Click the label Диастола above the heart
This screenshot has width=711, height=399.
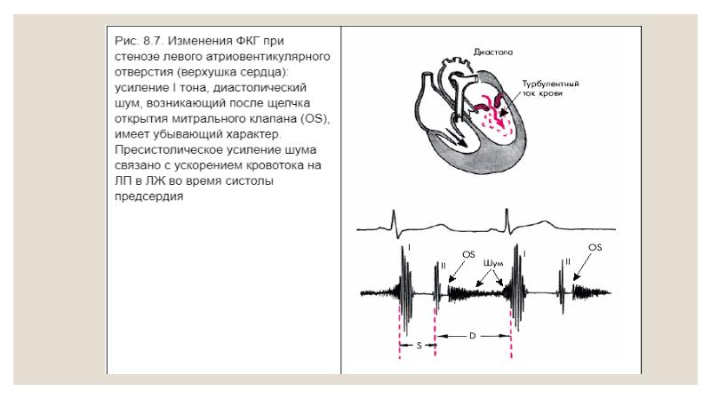pyautogui.click(x=493, y=52)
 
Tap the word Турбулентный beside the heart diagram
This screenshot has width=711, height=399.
pyautogui.click(x=550, y=84)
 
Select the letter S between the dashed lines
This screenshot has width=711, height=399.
pyautogui.click(x=419, y=346)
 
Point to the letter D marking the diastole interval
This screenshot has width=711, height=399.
pyautogui.click(x=472, y=336)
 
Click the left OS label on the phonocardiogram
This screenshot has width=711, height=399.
pyautogui.click(x=468, y=255)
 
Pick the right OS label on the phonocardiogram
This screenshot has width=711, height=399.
pyautogui.click(x=595, y=248)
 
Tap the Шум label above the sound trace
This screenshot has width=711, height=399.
pyautogui.click(x=493, y=263)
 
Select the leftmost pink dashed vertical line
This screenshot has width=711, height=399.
pyautogui.click(x=399, y=331)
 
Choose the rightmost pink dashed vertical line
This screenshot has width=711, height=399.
pyautogui.click(x=512, y=335)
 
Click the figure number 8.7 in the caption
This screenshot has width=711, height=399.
pyautogui.click(x=152, y=41)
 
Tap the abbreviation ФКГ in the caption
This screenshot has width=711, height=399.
pyautogui.click(x=248, y=41)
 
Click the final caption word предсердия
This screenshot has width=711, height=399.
pyautogui.click(x=148, y=196)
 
